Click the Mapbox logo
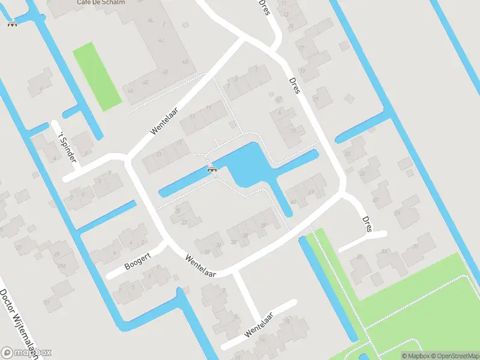pyautogui.click(x=26, y=353)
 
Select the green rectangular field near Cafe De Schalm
pyautogui.click(x=97, y=76)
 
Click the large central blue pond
pyautogui.click(x=247, y=165)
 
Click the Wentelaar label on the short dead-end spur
pyautogui.click(x=259, y=325)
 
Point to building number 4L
pyautogui.click(x=150, y=21)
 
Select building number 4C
pyautogui.click(x=146, y=82)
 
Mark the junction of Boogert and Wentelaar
pyautogui.click(x=166, y=243)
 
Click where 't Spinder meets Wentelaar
pyautogui.click(x=127, y=158)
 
